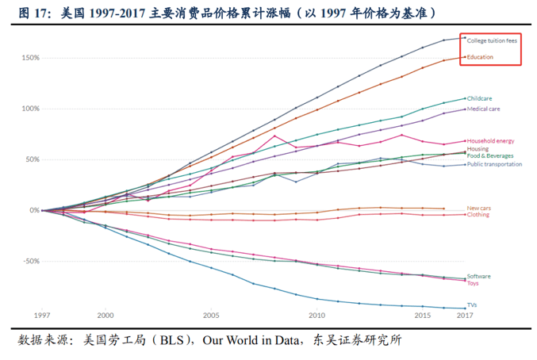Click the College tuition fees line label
(x=492, y=40)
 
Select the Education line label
(x=480, y=57)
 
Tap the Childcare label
(x=479, y=98)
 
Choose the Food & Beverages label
(x=489, y=155)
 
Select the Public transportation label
(x=494, y=164)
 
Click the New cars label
(x=478, y=208)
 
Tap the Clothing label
(x=478, y=215)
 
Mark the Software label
(x=478, y=276)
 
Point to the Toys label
(x=473, y=283)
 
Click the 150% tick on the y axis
(x=29, y=58)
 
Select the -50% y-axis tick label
(x=29, y=261)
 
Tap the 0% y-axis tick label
(x=34, y=210)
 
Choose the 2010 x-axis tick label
(x=316, y=315)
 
